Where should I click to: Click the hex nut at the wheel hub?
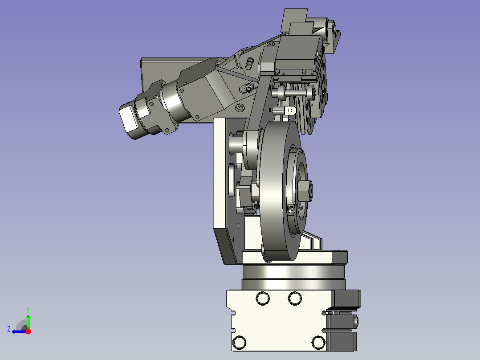pyautogui.click(x=305, y=191)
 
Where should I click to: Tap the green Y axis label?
pyautogui.click(x=28, y=310)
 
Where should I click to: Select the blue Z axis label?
pyautogui.click(x=9, y=329)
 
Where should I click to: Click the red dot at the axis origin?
pyautogui.click(x=28, y=331)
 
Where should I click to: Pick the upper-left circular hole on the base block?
pyautogui.click(x=263, y=298)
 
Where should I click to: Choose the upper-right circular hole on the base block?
pyautogui.click(x=295, y=298)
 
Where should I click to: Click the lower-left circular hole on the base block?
pyautogui.click(x=239, y=343)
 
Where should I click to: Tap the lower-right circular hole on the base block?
pyautogui.click(x=318, y=343)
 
